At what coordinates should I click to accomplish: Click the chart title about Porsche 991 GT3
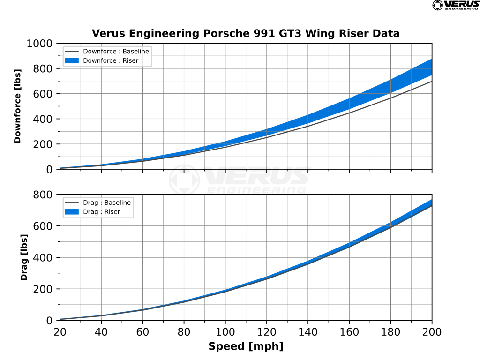click(x=246, y=34)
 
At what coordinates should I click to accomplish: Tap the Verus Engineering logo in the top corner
click(x=455, y=5)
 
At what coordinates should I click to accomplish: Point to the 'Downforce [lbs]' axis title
click(x=18, y=106)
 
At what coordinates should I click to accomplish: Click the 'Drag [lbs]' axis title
click(x=24, y=257)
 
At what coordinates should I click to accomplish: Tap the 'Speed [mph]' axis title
click(x=246, y=347)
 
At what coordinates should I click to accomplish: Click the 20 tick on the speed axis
click(x=60, y=331)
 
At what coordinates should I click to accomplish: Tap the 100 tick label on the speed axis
click(x=225, y=331)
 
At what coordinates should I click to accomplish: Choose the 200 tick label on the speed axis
click(x=432, y=331)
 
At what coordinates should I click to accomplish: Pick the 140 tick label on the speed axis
click(x=307, y=331)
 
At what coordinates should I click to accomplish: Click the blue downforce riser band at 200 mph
click(x=431, y=67)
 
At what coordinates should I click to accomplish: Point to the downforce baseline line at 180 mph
click(x=390, y=97)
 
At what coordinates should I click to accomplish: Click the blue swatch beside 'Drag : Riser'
click(x=72, y=212)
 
